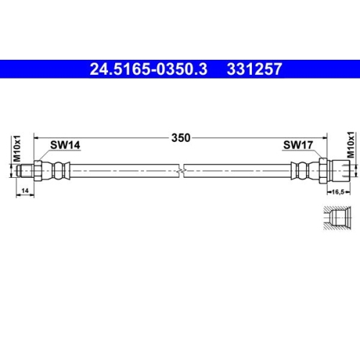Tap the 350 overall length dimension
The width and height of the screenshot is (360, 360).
coord(181,138)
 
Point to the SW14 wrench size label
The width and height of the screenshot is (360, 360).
coord(65,145)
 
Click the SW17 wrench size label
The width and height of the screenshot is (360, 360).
coord(297,145)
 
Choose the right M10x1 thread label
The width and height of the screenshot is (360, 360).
coord(351,144)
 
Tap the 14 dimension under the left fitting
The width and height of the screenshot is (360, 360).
coord(24,189)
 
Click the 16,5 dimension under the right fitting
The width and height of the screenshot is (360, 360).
coord(337,191)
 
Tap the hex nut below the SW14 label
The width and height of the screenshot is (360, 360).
coord(38,171)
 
